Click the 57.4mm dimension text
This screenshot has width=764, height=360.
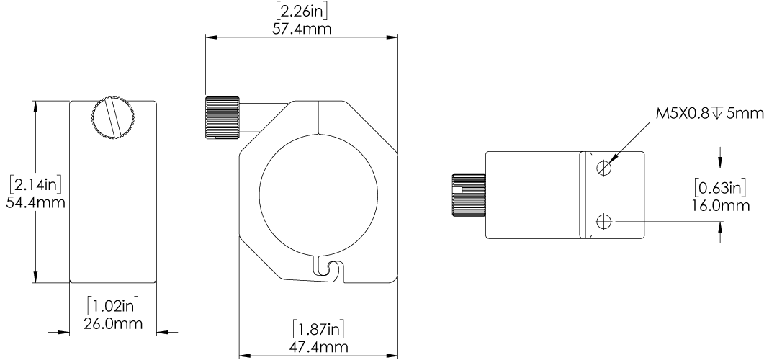pyautogui.click(x=301, y=29)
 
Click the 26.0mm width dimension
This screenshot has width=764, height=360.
pyautogui.click(x=112, y=323)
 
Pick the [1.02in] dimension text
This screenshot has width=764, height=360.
pyautogui.click(x=112, y=305)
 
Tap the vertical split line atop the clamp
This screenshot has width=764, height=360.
pyautogui.click(x=317, y=117)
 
